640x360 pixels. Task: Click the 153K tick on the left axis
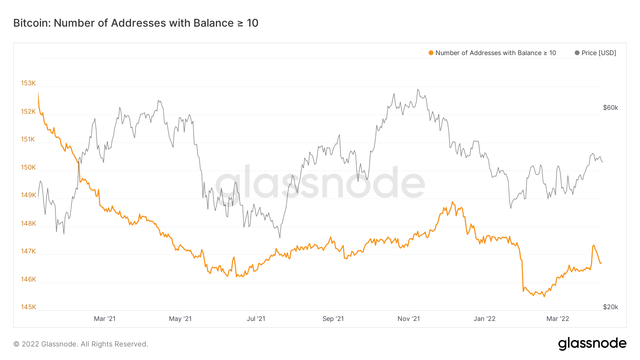click(28, 83)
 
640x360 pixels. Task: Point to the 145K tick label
click(28, 307)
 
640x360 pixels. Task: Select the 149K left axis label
click(28, 195)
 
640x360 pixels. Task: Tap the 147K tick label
click(28, 251)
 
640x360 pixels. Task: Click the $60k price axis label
click(610, 108)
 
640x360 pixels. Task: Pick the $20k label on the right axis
click(610, 307)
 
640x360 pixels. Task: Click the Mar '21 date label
click(105, 319)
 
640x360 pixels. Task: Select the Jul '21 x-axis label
click(256, 319)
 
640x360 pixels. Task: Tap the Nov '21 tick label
click(409, 319)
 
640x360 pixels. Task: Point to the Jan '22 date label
click(484, 319)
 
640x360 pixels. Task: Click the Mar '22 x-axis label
click(558, 319)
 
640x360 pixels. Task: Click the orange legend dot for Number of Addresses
click(431, 53)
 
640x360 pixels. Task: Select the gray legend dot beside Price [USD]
click(577, 53)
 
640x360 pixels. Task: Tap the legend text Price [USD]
click(599, 53)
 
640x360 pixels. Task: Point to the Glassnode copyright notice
click(81, 344)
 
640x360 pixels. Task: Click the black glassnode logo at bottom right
click(592, 344)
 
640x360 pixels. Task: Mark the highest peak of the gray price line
click(418, 90)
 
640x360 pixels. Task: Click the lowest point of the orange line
click(544, 297)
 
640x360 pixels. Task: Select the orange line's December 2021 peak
click(453, 202)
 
